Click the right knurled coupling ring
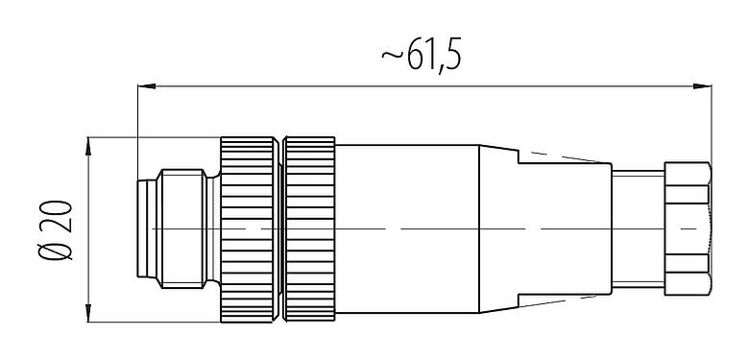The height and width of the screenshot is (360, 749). click(311, 228)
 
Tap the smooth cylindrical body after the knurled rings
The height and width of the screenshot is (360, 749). click(408, 228)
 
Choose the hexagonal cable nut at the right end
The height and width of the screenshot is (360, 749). click(686, 228)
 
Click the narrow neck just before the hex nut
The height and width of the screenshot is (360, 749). click(637, 228)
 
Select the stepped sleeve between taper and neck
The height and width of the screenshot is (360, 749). click(564, 228)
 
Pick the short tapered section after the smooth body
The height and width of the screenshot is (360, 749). click(498, 228)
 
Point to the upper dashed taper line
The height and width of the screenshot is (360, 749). click(567, 157)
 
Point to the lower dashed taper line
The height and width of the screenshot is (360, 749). click(567, 299)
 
